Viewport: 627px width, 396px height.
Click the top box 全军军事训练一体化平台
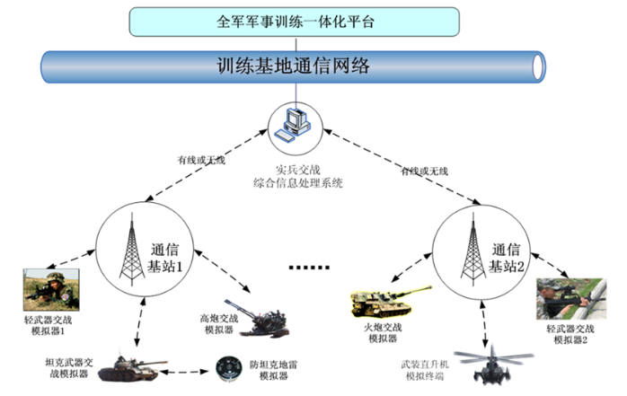(x=299, y=22)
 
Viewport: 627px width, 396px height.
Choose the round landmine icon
(x=225, y=366)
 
